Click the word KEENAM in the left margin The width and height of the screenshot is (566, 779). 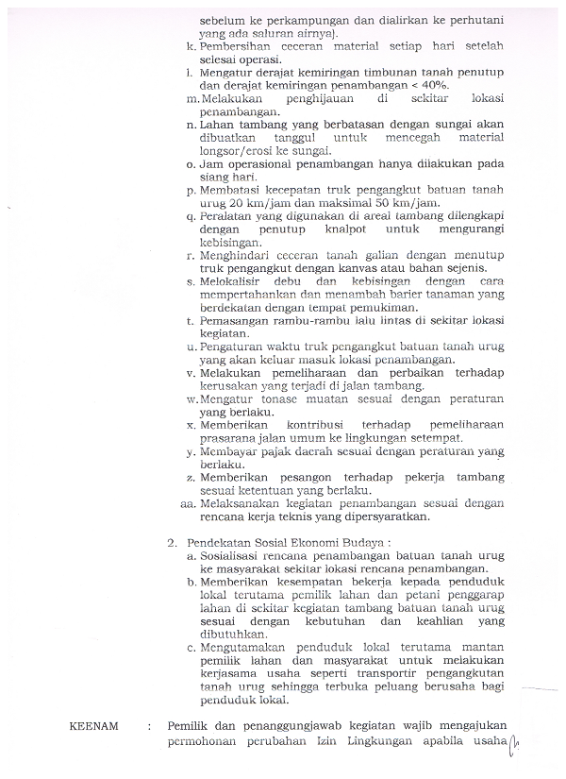[95, 726]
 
